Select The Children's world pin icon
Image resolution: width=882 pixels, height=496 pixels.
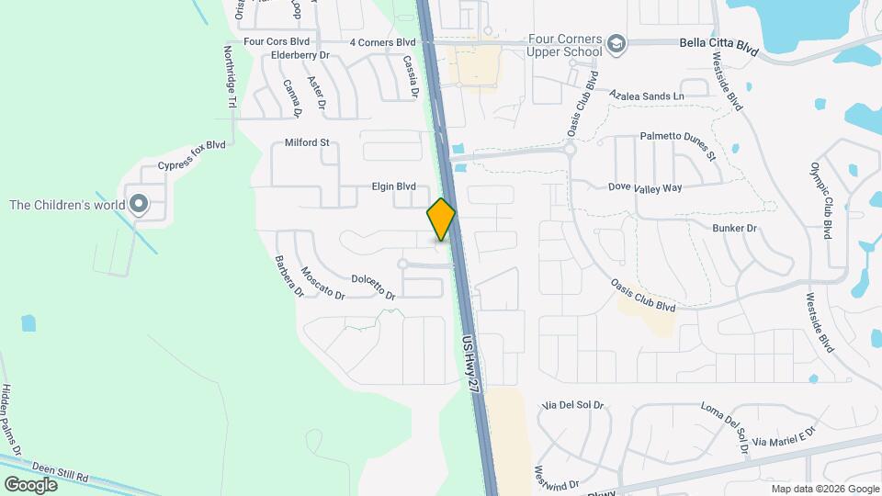point(139,204)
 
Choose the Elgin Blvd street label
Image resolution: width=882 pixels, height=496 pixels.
point(393,186)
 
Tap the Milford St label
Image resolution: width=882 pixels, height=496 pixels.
point(307,143)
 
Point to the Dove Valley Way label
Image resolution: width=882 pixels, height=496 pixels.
point(645,187)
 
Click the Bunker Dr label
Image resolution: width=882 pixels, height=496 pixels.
point(734,227)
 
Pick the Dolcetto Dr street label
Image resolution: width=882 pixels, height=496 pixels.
point(373,287)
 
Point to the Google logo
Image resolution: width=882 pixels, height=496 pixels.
point(30,484)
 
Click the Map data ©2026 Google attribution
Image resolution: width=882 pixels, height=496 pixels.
point(824,489)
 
